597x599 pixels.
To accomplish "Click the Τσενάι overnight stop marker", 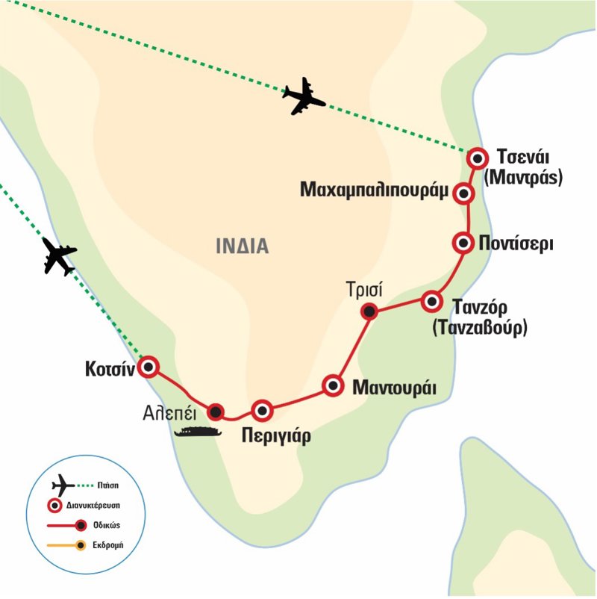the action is point(477,158).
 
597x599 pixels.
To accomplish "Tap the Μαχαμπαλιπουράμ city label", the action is point(374,190).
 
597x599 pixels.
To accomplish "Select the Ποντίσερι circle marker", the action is point(463,243).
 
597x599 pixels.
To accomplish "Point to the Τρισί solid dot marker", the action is point(369,311).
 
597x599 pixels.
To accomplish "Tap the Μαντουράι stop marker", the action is point(333,385).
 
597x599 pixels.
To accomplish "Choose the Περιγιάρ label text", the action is point(276,436).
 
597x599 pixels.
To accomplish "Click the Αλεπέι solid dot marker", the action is point(216,412).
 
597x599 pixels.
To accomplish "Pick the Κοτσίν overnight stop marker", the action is point(148,367).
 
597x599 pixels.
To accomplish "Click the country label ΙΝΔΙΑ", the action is point(243,246).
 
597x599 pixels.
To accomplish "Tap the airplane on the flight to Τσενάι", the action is point(304,96).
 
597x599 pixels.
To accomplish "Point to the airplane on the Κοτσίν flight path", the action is point(59,256).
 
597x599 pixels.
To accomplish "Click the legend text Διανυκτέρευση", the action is point(93,506).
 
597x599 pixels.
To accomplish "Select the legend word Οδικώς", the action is point(107,525).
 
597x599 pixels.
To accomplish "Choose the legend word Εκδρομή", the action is point(108,545).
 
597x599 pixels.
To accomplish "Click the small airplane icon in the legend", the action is point(63,485).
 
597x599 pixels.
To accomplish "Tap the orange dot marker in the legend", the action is point(80,545).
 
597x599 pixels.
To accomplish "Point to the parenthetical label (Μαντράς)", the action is point(523,178).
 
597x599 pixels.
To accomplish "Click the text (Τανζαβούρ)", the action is point(480,327).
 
